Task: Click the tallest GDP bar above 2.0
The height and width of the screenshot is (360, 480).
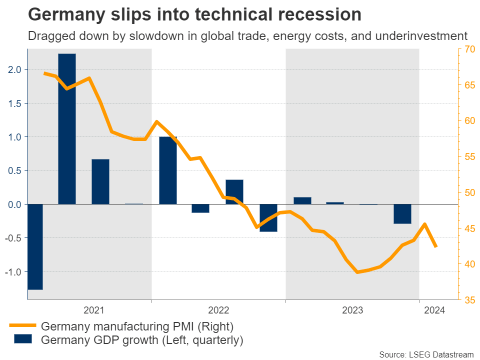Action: tap(67, 128)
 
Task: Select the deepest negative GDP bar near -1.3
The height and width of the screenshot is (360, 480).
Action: tap(35, 246)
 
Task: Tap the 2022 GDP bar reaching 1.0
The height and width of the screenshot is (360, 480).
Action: tap(168, 170)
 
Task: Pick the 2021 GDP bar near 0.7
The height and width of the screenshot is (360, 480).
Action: tap(100, 181)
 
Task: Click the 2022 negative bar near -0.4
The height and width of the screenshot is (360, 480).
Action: tap(268, 217)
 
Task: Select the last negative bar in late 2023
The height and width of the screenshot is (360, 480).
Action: tap(402, 213)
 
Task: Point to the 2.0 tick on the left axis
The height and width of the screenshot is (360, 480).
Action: tap(15, 69)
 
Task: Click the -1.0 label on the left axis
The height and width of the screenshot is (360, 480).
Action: tap(13, 272)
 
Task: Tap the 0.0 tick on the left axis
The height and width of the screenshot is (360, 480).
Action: tap(15, 204)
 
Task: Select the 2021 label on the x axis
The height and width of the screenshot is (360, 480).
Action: tap(94, 310)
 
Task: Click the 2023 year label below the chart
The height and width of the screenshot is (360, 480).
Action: tap(352, 310)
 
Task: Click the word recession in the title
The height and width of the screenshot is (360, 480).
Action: tap(314, 15)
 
